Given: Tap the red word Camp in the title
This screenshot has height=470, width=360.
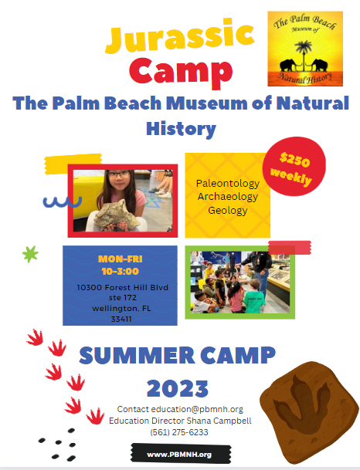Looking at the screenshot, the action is (x=181, y=72).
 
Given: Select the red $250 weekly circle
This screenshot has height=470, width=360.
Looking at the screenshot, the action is (x=294, y=167).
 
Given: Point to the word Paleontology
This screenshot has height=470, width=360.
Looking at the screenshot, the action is (x=228, y=183).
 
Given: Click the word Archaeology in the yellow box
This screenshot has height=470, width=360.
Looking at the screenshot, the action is (x=228, y=197).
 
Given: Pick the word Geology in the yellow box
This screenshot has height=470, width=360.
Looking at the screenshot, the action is (x=228, y=211).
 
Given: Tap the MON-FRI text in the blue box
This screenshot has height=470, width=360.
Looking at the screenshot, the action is (x=120, y=259).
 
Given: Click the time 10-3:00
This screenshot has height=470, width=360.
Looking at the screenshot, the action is (x=120, y=271).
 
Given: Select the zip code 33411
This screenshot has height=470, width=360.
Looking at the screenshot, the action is (x=121, y=320).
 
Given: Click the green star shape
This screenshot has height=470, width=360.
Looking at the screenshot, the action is (x=30, y=254).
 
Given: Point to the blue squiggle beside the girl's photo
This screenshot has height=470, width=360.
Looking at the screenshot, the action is (x=63, y=202).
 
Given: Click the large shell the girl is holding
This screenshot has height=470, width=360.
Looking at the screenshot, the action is (x=117, y=216).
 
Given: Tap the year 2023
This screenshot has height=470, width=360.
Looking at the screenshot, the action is (x=178, y=388).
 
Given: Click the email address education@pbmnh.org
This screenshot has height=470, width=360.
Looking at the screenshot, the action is (x=197, y=409).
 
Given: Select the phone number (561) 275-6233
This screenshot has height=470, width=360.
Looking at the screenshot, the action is (x=179, y=432).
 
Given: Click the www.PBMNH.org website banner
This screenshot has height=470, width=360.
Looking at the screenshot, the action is (x=181, y=455).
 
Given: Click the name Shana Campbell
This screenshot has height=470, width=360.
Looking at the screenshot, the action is (x=219, y=421).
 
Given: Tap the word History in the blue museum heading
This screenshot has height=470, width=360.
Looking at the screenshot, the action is (x=182, y=129).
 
